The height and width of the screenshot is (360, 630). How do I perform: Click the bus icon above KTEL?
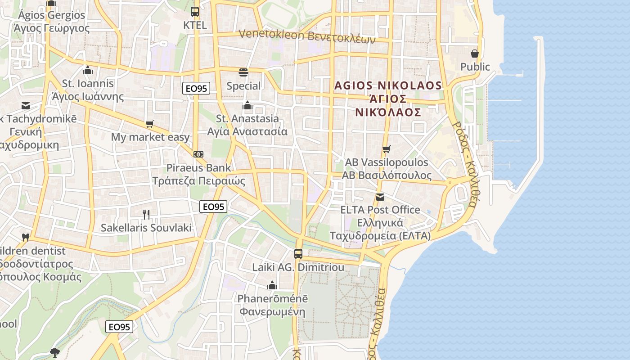pyautogui.click(x=194, y=12)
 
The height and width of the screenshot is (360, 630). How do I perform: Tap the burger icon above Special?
pyautogui.click(x=243, y=72)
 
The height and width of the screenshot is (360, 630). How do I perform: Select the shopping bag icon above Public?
pyautogui.click(x=474, y=54)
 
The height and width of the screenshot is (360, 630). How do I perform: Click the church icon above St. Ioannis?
pyautogui.click(x=88, y=70)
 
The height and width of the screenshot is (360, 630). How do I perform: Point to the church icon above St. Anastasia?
pyautogui.click(x=247, y=106)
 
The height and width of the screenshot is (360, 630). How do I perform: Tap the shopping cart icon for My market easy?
pyautogui.click(x=149, y=124)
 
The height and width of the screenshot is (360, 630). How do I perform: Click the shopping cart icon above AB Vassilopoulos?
pyautogui.click(x=386, y=149)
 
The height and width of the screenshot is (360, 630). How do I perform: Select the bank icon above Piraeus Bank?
pyautogui.click(x=198, y=154)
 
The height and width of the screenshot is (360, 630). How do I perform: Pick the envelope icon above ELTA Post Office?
pyautogui.click(x=380, y=197)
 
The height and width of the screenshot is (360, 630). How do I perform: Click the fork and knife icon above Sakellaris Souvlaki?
pyautogui.click(x=146, y=214)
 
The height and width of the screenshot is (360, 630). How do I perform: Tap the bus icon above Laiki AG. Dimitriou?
pyautogui.click(x=298, y=253)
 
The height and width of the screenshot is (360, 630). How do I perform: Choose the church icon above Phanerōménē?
pyautogui.click(x=272, y=285)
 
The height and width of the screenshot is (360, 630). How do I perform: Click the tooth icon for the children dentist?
pyautogui.click(x=26, y=237)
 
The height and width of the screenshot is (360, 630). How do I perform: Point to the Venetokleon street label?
pyautogui.click(x=306, y=35)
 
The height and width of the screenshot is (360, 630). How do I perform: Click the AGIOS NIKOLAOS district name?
pyautogui.click(x=388, y=85)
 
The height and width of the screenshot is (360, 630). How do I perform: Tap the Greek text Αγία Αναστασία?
pyautogui.click(x=247, y=132)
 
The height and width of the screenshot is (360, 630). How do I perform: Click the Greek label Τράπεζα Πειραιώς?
pyautogui.click(x=198, y=181)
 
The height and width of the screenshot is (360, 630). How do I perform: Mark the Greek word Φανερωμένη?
pyautogui.click(x=272, y=312)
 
